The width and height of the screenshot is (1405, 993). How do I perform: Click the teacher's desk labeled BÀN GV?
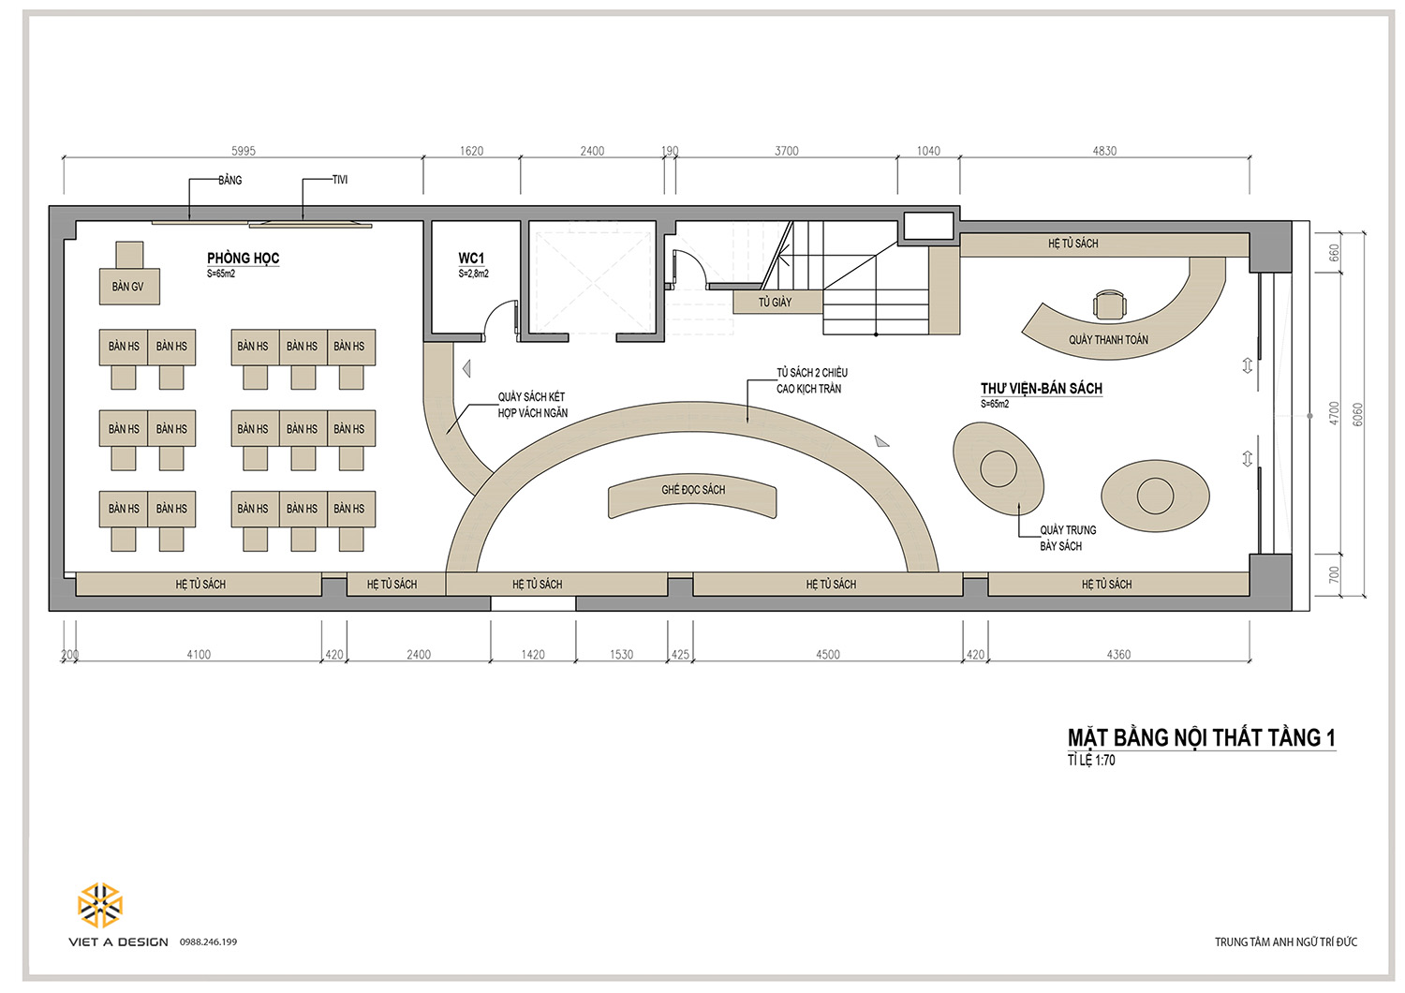click(x=129, y=287)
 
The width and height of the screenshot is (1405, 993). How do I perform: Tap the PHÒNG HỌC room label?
click(x=243, y=258)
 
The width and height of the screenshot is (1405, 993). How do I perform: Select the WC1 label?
click(x=471, y=258)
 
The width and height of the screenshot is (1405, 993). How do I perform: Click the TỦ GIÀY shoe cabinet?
click(x=777, y=302)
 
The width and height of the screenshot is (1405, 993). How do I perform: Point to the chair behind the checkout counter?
click(x=1109, y=304)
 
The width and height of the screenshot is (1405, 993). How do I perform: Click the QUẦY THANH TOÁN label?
click(x=1108, y=340)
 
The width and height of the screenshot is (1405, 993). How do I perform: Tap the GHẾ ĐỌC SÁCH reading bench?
click(x=692, y=497)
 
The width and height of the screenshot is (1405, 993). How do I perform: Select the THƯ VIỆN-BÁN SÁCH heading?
click(x=1042, y=388)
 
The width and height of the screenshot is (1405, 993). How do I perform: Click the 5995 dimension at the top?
click(x=244, y=151)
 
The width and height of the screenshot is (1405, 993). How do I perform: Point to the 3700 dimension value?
click(x=787, y=151)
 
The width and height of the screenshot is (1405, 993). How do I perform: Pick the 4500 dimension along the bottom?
click(x=828, y=654)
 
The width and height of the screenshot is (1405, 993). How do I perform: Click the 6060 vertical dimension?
click(x=1358, y=415)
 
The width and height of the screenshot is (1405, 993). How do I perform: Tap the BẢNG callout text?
click(x=230, y=180)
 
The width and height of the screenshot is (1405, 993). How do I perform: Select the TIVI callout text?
click(x=340, y=180)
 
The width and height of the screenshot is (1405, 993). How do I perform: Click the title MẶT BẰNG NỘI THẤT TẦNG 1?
click(x=1202, y=737)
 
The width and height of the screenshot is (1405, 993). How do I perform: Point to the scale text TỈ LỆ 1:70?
click(x=1091, y=761)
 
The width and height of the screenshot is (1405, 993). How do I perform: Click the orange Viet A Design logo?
click(x=99, y=905)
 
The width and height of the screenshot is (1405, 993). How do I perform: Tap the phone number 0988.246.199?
click(x=208, y=942)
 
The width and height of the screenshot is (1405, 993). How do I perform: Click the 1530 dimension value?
click(x=622, y=654)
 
